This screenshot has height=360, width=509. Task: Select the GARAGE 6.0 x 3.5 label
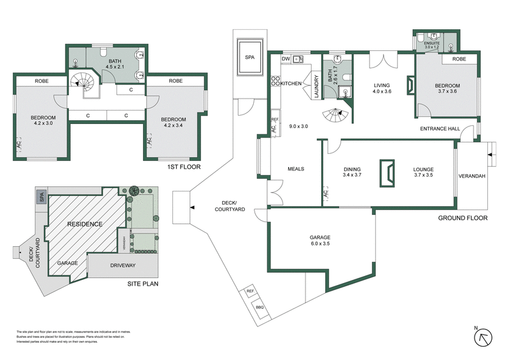click(319, 240)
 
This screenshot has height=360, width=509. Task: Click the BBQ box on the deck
click(260, 307)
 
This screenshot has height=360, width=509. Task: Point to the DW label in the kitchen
click(286, 59)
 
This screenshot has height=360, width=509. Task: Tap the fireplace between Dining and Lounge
click(386, 172)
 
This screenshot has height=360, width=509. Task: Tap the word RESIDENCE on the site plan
click(85, 225)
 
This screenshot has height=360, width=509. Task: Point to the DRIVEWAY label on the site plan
click(126, 265)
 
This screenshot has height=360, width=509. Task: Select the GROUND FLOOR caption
click(463, 218)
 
